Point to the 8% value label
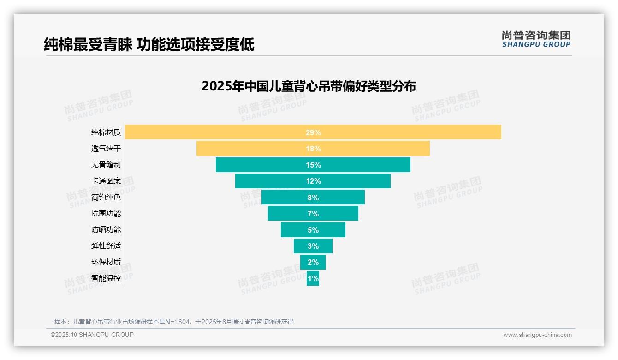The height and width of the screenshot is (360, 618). pos(313,198)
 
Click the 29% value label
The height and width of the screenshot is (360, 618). pos(313,132)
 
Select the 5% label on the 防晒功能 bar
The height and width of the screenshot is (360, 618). pos(313,230)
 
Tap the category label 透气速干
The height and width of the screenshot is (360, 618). pos(106,149)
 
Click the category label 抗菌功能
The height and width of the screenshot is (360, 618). pos(106,214)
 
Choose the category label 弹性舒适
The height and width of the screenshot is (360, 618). pos(106,246)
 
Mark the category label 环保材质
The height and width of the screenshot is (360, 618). pos(106,262)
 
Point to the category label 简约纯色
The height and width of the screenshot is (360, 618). pos(106,197)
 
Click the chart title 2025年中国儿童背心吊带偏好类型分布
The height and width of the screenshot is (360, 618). pos(309,86)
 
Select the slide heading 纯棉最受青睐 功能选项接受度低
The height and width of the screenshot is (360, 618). pos(149,45)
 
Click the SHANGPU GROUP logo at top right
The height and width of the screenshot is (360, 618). pos(536,39)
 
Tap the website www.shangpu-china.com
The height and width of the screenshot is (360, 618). pos(537,335)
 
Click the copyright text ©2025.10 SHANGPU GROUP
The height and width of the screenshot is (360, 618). pos(92,335)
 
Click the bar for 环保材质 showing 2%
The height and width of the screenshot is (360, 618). pos(313,262)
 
